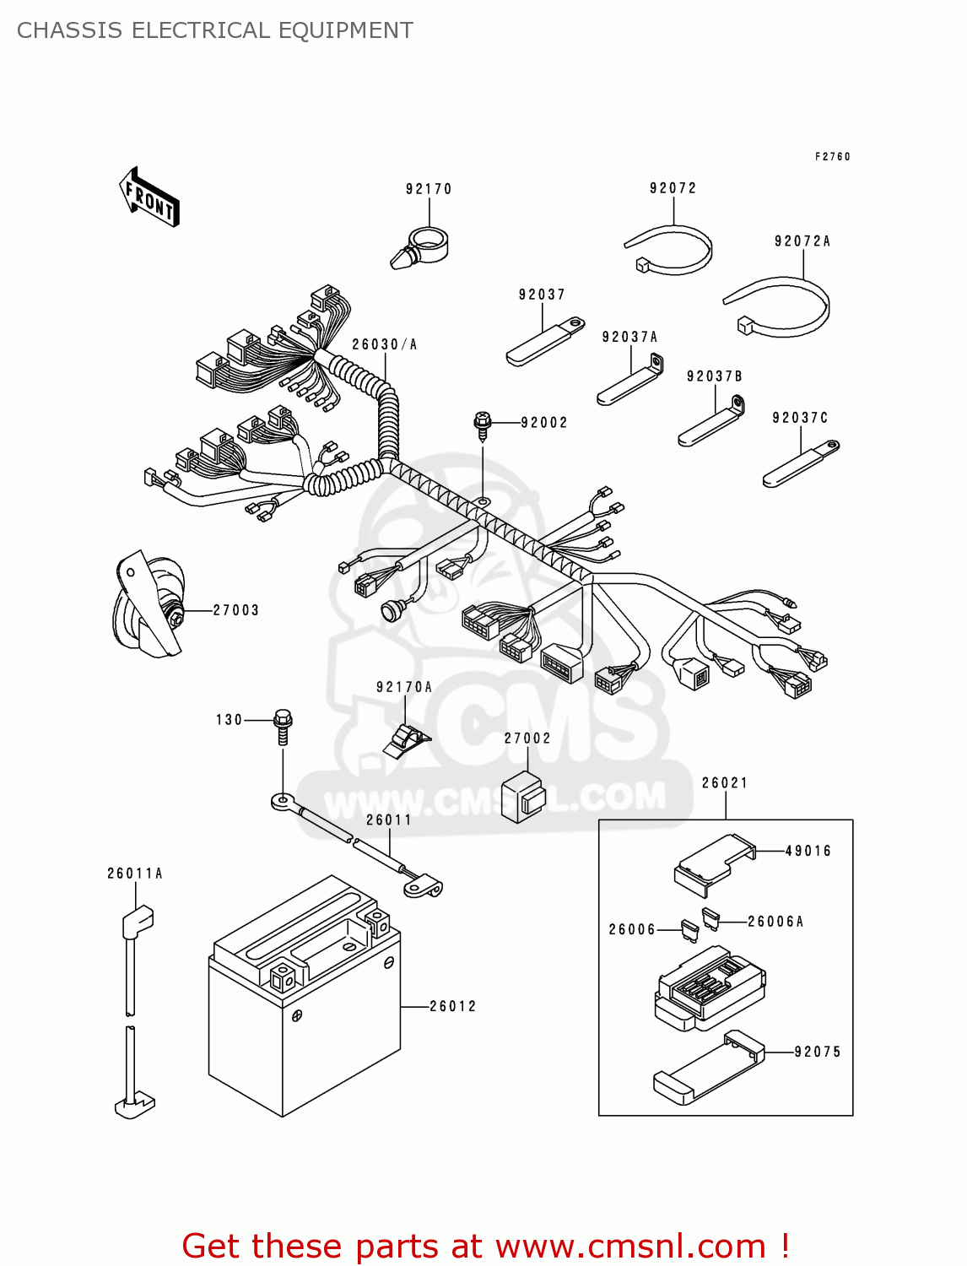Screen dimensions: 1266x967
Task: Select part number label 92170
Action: (x=429, y=189)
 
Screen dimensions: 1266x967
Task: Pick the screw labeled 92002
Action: (x=483, y=426)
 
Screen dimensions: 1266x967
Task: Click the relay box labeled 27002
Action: (x=523, y=796)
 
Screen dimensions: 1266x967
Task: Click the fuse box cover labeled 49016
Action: (x=713, y=863)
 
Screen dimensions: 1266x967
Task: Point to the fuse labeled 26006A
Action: (x=710, y=919)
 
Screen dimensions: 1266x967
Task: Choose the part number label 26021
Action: (x=725, y=782)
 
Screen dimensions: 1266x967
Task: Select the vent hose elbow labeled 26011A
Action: (x=137, y=922)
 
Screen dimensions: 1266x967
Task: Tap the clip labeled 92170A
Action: (x=407, y=740)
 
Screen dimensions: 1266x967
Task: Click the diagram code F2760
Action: (x=832, y=156)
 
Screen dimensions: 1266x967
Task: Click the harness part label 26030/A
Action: (x=384, y=344)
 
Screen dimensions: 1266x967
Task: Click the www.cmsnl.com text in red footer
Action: (x=630, y=1246)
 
